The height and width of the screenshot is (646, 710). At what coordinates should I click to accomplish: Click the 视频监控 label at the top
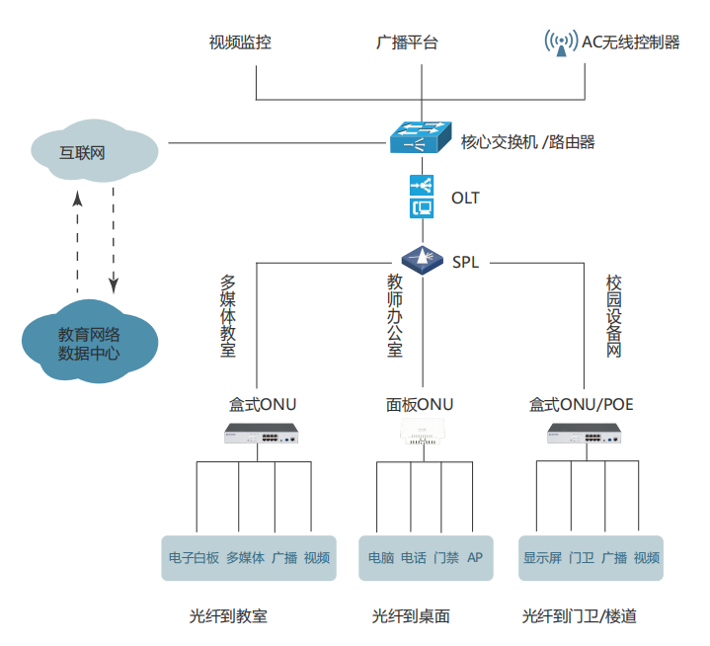pyautogui.click(x=240, y=42)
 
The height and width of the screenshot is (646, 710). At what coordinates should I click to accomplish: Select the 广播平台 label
pyautogui.click(x=408, y=42)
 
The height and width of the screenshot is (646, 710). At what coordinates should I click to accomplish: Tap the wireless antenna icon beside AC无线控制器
pyautogui.click(x=560, y=42)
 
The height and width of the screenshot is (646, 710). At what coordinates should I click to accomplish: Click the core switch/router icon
pyautogui.click(x=421, y=137)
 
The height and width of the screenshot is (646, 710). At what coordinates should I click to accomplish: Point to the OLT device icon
pyautogui.click(x=422, y=197)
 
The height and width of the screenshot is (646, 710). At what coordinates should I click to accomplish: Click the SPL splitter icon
pyautogui.click(x=422, y=261)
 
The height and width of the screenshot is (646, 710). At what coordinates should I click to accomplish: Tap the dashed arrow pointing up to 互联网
pyautogui.click(x=77, y=242)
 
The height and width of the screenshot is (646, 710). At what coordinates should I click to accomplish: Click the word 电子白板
pyautogui.click(x=194, y=558)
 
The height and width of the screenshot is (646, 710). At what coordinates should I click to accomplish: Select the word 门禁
pyautogui.click(x=445, y=558)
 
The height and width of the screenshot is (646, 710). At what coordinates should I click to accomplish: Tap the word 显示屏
pyautogui.click(x=542, y=558)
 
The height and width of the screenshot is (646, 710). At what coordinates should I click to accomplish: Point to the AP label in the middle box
pyautogui.click(x=475, y=558)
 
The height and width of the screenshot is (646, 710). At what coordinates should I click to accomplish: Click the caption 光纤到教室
pyautogui.click(x=228, y=616)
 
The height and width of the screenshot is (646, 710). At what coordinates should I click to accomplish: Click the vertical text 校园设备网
pyautogui.click(x=613, y=316)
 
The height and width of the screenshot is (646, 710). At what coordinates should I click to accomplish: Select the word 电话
pyautogui.click(x=414, y=558)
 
